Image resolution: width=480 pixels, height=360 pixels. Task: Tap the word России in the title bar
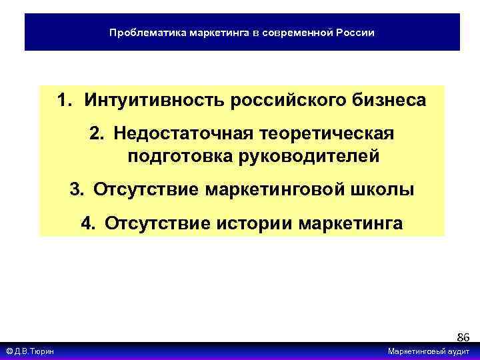pyautogui.click(x=354, y=32)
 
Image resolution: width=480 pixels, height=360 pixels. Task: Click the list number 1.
pyautogui.click(x=62, y=101)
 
